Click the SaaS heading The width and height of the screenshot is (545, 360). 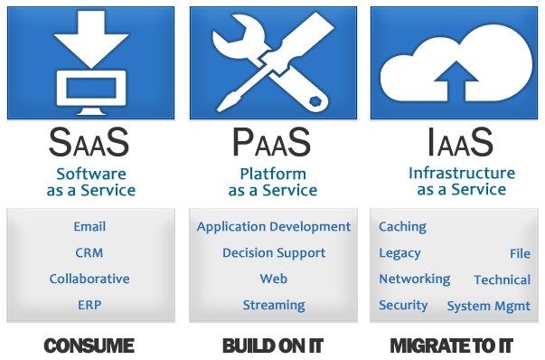pyautogui.click(x=89, y=142)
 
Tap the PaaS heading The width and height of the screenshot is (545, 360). pyautogui.click(x=272, y=142)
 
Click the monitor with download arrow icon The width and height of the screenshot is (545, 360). pyautogui.click(x=89, y=63)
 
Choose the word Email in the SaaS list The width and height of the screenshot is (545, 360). pyautogui.click(x=89, y=226)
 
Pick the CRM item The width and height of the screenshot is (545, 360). pyautogui.click(x=89, y=252)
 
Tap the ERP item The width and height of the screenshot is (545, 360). pyautogui.click(x=89, y=305)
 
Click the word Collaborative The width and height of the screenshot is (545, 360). pyautogui.click(x=89, y=279)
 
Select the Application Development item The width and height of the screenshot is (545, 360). pyautogui.click(x=273, y=227)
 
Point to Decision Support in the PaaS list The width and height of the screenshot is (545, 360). pyautogui.click(x=273, y=253)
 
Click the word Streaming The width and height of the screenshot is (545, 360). pyautogui.click(x=273, y=305)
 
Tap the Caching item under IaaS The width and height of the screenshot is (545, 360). pyautogui.click(x=402, y=227)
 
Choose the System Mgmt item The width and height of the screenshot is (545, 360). pyautogui.click(x=488, y=306)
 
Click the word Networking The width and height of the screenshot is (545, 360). pyautogui.click(x=414, y=279)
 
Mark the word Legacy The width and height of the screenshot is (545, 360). pyautogui.click(x=399, y=253)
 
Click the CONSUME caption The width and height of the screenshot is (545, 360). pyautogui.click(x=89, y=346)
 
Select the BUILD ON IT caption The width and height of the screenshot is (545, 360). pyautogui.click(x=272, y=346)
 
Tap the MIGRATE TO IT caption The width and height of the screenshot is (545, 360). pyautogui.click(x=451, y=346)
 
